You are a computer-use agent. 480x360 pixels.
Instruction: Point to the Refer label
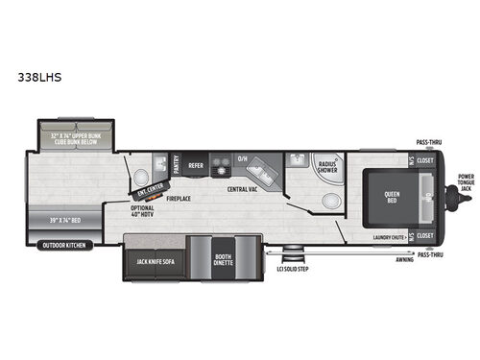pyautogui.click(x=196, y=165)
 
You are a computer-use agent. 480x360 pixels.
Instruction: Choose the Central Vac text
pyautogui.click(x=240, y=188)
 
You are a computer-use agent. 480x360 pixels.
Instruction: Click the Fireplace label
pyautogui.click(x=179, y=199)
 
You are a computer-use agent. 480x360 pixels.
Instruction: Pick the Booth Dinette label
pyautogui.click(x=224, y=260)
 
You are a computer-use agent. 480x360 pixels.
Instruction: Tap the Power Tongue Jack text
pyautogui.click(x=467, y=183)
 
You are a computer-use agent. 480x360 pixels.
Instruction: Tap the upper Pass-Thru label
pyautogui.click(x=428, y=141)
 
